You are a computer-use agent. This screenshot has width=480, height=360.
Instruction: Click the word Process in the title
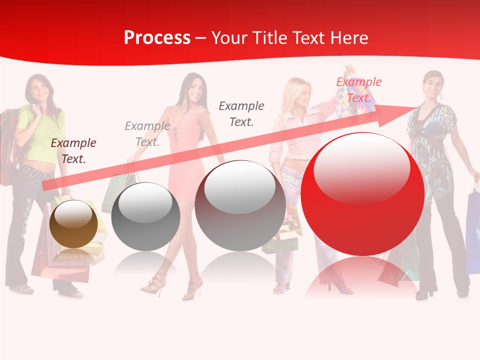pyautogui.click(x=157, y=38)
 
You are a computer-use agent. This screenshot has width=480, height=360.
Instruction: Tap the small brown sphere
pyautogui.click(x=74, y=224)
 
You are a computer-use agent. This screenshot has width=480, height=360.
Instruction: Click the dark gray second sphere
pyautogui.click(x=145, y=216)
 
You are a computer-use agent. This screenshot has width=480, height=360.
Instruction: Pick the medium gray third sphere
pyautogui.click(x=240, y=205)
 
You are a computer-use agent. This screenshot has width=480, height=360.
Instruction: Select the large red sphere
pyautogui.click(x=362, y=193)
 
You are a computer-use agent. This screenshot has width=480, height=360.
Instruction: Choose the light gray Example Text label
pyautogui.click(x=147, y=134)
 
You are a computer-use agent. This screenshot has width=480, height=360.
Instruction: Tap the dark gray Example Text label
pyautogui.click(x=241, y=113)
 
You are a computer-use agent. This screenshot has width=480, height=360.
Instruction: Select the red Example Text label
pyautogui.click(x=359, y=90)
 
